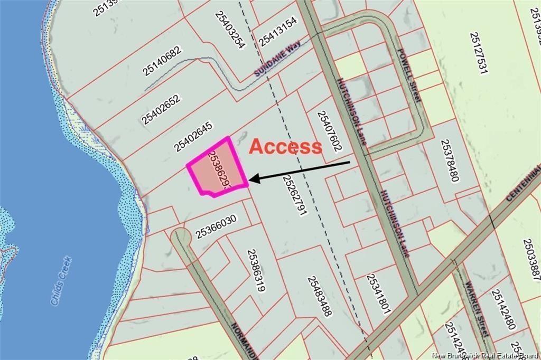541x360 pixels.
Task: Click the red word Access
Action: point(285,146)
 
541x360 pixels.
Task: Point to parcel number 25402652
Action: point(161,109)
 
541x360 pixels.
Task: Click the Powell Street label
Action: point(409,76)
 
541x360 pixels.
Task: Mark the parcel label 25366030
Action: point(216,226)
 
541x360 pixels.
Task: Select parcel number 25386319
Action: point(256,270)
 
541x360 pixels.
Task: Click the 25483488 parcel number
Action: point(320,296)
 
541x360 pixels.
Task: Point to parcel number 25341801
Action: point(378,294)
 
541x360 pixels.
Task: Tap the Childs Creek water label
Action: point(61,281)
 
